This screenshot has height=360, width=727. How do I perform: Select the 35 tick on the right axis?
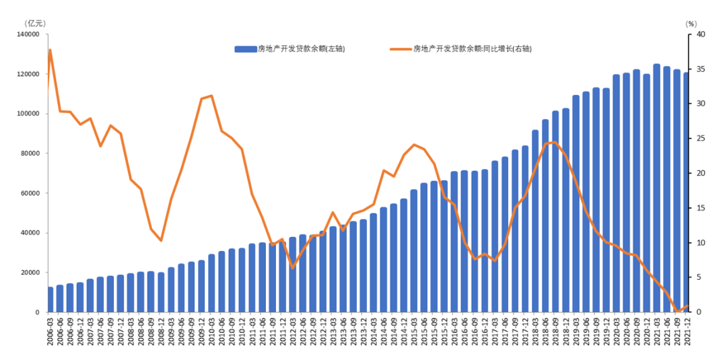pyautogui.click(x=700, y=69)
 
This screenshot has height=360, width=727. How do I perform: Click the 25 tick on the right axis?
pyautogui.click(x=700, y=139)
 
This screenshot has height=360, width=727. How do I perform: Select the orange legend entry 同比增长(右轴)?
pyautogui.click(x=471, y=49)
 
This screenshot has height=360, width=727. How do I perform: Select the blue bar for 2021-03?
pyautogui.click(x=656, y=188)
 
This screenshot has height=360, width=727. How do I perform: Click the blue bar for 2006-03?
pyautogui.click(x=50, y=299)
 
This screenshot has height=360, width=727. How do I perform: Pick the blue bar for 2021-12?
pyautogui.click(x=687, y=192)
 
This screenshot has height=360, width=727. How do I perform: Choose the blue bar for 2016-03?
pyautogui.click(x=454, y=242)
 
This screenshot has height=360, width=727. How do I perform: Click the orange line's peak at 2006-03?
pyautogui.click(x=50, y=50)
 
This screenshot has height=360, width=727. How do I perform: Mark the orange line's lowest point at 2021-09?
pyautogui.click(x=677, y=312)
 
